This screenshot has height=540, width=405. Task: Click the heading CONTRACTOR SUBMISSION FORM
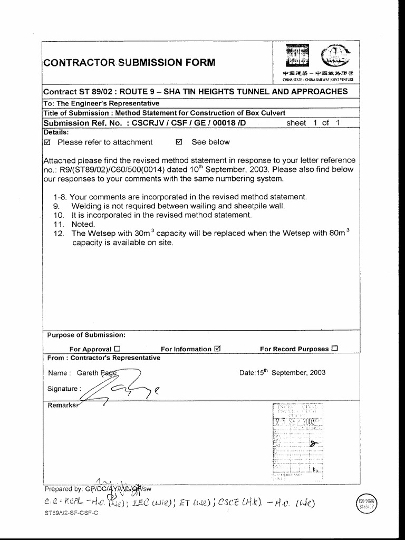pyautogui.click(x=129, y=63)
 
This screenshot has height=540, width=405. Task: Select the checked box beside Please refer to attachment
pyautogui.click(x=47, y=142)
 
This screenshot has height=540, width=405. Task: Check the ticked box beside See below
pyautogui.click(x=178, y=142)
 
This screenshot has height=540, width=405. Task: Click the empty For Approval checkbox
pyautogui.click(x=118, y=349)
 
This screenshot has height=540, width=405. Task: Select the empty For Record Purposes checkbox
pyautogui.click(x=335, y=349)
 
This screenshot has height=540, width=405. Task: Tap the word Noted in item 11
pyautogui.click(x=83, y=224)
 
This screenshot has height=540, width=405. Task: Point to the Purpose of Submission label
pyautogui.click(x=86, y=335)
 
